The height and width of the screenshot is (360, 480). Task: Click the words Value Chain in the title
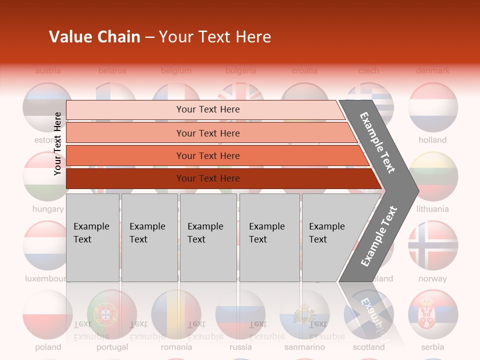tap(94, 37)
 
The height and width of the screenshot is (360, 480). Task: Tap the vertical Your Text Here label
tap(57, 143)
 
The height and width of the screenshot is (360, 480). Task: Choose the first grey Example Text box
tap(92, 237)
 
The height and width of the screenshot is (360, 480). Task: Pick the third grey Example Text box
tap(208, 237)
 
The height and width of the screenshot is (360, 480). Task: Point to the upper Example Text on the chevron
tap(378, 142)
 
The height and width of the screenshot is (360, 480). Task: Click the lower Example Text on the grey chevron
tap(379, 236)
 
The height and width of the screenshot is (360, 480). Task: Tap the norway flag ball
tap(433, 245)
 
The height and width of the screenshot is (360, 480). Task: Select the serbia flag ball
tap(433, 314)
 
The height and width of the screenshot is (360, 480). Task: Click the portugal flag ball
tap(112, 314)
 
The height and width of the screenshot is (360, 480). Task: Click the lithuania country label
tap(433, 209)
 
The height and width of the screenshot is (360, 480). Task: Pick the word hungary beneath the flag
tap(48, 209)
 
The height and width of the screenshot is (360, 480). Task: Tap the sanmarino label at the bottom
tap(304, 347)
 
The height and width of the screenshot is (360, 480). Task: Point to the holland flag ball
tap(433, 107)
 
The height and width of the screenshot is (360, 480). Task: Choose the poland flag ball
tap(48, 314)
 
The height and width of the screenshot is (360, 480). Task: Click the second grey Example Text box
tap(149, 237)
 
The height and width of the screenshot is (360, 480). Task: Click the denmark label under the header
tap(433, 70)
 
